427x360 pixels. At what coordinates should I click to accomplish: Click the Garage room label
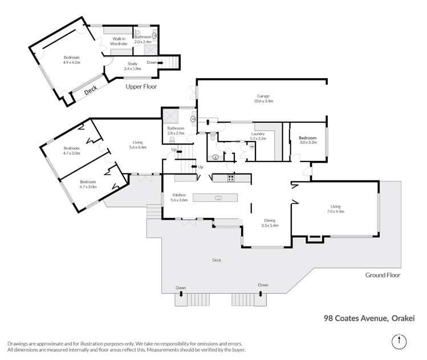point(264,98)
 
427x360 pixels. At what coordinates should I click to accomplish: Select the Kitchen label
point(179,197)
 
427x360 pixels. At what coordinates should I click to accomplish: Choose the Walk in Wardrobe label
point(119,42)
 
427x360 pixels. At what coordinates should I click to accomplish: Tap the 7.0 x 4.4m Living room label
point(335,209)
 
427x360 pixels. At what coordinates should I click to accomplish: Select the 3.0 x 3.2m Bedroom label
point(308,140)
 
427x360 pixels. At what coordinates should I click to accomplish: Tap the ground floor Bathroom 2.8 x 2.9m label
point(176,130)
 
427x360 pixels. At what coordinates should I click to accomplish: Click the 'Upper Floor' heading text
point(141,87)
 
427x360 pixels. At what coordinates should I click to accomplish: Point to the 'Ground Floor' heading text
point(383,275)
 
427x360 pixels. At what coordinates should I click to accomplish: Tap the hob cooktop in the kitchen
point(231,178)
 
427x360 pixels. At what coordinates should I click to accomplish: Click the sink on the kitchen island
point(218,198)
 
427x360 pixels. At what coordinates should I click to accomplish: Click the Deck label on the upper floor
point(91,91)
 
